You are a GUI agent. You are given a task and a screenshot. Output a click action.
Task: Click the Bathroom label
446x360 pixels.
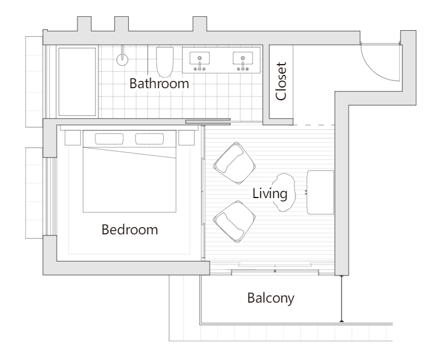(159, 83)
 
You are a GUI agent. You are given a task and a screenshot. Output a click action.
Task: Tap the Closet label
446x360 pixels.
(281, 82)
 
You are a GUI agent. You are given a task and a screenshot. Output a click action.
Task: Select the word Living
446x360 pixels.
(270, 194)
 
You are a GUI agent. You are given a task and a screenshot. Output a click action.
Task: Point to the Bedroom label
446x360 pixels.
(130, 230)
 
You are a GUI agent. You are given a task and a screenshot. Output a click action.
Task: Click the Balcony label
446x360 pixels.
(271, 298)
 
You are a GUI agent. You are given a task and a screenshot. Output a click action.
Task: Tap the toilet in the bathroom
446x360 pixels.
(165, 62)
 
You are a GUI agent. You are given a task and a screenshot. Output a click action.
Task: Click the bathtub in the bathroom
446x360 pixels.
(77, 82)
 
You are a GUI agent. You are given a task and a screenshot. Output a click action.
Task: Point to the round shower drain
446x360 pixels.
(122, 60)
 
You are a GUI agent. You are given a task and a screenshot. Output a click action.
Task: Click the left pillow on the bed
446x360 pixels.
(109, 139)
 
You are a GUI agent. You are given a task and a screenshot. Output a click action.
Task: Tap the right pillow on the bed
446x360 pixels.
(150, 139)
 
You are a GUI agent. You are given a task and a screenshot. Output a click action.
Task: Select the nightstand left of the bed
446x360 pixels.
(73, 138)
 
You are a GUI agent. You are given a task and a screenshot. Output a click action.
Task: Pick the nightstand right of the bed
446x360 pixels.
(187, 138)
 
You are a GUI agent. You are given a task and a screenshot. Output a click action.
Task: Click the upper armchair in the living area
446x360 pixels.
(234, 163)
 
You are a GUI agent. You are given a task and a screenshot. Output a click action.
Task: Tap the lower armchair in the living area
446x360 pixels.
(234, 222)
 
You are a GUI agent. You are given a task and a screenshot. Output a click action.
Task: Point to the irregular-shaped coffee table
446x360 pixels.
(283, 193)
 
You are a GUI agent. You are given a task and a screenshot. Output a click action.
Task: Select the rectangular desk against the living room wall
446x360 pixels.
(320, 192)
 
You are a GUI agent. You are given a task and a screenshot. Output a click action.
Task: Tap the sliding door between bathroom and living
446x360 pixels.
(208, 121)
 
